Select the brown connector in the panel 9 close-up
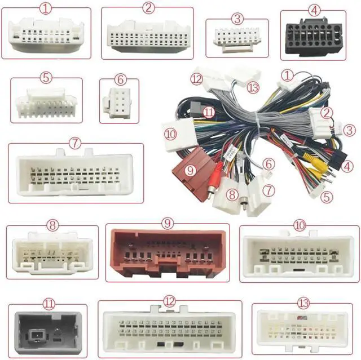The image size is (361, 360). (x=168, y=254)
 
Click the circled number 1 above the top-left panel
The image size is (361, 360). (x=46, y=8)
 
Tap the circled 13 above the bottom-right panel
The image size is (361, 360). (x=304, y=303)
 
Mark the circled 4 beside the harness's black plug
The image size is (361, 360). (x=347, y=166)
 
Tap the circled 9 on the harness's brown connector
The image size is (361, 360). (x=190, y=169)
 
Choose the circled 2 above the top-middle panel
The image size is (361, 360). (x=148, y=8)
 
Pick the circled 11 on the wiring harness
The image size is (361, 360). (x=209, y=112)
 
